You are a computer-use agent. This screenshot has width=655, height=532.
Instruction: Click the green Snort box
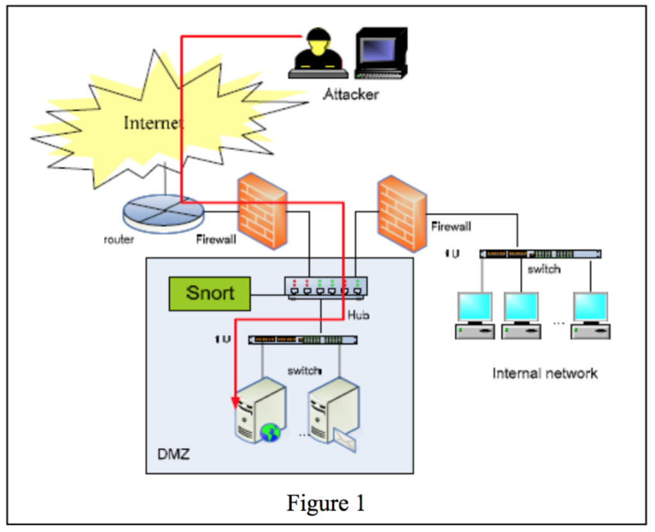click(210, 294)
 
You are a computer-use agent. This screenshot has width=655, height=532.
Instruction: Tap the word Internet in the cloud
click(154, 122)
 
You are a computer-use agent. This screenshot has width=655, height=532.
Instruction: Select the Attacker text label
click(351, 95)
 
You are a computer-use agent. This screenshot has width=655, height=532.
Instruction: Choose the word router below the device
click(119, 240)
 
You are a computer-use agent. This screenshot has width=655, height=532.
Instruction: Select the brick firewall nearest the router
click(262, 211)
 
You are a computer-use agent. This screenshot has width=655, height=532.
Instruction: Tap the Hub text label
click(359, 315)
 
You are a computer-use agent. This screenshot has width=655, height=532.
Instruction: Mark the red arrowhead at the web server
click(235, 402)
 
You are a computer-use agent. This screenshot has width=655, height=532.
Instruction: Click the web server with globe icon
click(258, 409)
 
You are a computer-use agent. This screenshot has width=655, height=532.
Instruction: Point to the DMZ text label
click(173, 455)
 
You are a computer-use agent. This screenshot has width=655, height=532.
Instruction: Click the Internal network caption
click(545, 373)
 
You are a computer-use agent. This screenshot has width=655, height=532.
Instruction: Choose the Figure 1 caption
click(326, 503)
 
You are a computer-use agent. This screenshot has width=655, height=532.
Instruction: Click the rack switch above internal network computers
click(541, 254)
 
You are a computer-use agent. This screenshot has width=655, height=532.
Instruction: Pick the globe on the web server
click(271, 433)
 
